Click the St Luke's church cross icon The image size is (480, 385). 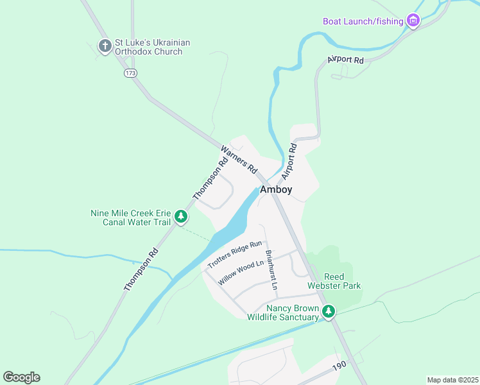coord(105,46)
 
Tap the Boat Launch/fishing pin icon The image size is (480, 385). coord(413,22)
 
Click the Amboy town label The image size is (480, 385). coord(276,189)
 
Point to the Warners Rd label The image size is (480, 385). coord(239,160)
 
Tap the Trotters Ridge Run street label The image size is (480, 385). coord(235,254)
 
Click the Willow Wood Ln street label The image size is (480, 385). coord(241,273)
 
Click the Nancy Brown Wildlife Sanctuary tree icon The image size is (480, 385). coord(329,312)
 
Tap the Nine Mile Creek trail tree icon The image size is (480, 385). coord(181,217)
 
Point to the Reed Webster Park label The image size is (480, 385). coord(334,280)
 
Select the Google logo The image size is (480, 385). coord(21,377)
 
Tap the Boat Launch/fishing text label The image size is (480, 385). coord(363,22)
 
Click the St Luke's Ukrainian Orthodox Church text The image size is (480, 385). coord(152,47)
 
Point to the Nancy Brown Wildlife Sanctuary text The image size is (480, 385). coord(283,312)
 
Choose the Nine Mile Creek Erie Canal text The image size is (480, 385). coord(131,218)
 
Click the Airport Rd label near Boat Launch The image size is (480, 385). coord(345,60)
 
